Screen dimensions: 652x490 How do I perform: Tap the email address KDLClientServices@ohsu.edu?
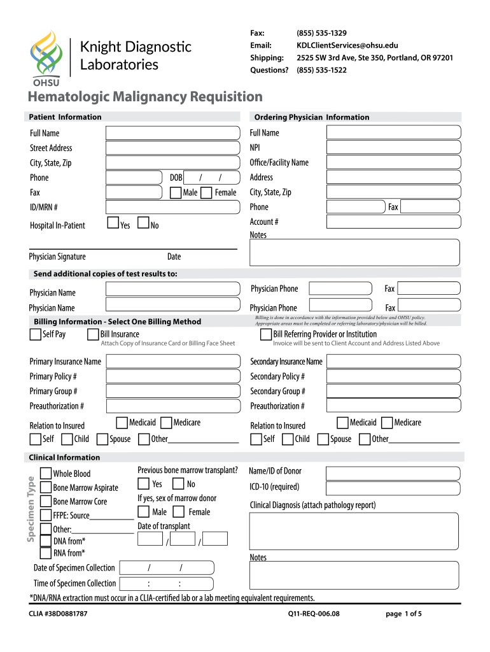point(347,45)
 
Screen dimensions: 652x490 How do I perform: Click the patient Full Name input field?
point(172,132)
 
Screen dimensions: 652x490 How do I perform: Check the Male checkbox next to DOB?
point(176,192)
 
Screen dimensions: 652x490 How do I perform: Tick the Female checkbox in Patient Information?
point(207,192)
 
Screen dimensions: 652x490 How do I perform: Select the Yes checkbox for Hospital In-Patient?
point(113,223)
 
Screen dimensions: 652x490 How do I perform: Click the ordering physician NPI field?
point(393,148)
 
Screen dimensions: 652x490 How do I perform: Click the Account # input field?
point(393,222)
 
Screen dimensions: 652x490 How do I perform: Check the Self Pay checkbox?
point(36,334)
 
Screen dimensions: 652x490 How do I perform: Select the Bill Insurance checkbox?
point(93,334)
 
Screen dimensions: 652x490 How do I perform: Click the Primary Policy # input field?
point(172,376)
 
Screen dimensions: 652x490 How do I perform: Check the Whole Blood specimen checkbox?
point(46,473)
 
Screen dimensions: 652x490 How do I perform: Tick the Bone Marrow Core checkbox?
point(46,501)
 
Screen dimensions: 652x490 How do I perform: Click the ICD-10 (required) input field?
point(393,488)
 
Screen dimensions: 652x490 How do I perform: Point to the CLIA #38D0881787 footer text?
point(58,614)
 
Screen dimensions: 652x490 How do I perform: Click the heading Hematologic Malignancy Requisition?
point(144,97)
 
